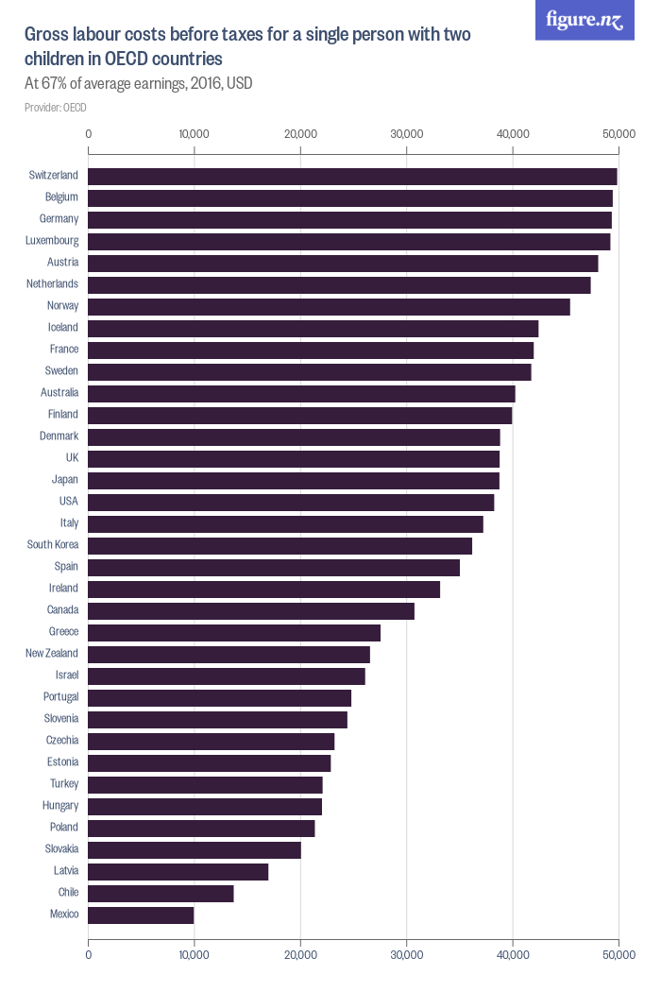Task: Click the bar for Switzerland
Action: [352, 176]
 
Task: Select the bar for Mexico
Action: [141, 915]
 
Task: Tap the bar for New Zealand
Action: [229, 654]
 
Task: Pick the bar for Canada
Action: [251, 610]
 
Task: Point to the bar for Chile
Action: [161, 893]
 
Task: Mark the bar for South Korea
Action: [280, 545]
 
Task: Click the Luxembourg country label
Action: [52, 241]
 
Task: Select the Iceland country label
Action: [62, 328]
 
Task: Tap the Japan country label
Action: [65, 480]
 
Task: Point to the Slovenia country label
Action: [60, 719]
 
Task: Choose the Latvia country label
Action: [65, 871]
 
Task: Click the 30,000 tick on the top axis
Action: [406, 134]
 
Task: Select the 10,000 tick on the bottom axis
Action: [194, 955]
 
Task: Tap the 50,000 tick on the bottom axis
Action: [619, 955]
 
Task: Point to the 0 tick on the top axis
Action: [88, 134]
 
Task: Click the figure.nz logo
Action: [585, 20]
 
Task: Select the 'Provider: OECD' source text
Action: [55, 108]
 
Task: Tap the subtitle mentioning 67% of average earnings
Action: [138, 83]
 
